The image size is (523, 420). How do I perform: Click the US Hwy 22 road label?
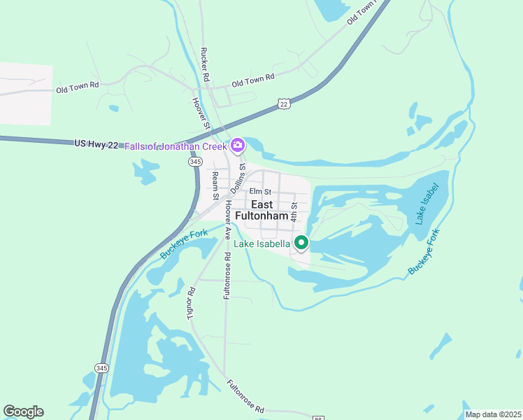[x=96, y=143]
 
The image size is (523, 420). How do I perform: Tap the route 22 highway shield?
[x=283, y=104]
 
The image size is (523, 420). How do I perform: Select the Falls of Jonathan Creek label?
[x=175, y=146]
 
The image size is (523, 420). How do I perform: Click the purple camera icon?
[x=238, y=146]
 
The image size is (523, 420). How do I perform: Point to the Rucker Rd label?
[x=205, y=65]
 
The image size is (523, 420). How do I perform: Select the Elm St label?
[x=259, y=191]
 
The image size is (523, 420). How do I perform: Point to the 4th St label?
[x=294, y=211]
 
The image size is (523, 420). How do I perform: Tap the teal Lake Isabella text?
[x=261, y=244]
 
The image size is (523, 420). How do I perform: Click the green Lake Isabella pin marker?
[x=301, y=243]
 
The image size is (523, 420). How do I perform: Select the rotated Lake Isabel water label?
[x=427, y=204]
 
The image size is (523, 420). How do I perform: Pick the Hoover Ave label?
[x=228, y=220]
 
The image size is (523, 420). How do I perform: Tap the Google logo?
[x=23, y=412]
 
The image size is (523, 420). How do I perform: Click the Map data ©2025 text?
[x=493, y=414]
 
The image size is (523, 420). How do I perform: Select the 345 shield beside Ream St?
[x=195, y=162]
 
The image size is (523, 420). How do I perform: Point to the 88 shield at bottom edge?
[x=318, y=418]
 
